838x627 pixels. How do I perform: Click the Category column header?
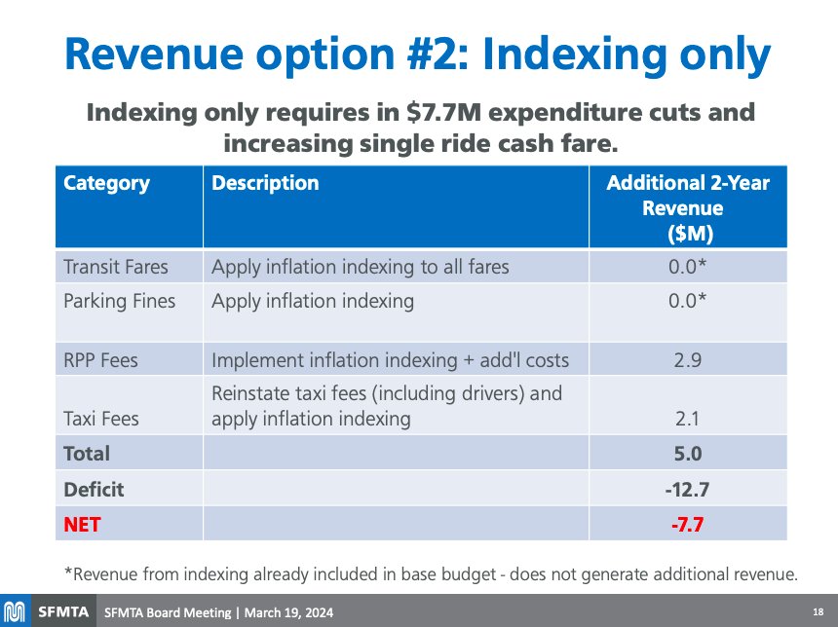tap(106, 183)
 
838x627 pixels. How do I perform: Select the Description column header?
tap(265, 183)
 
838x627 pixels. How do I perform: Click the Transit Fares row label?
tap(115, 267)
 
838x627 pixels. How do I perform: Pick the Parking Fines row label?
tap(119, 301)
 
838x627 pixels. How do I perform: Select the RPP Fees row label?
tap(100, 360)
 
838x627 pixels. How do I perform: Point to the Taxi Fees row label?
tap(100, 419)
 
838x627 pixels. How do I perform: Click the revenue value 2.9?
tap(688, 360)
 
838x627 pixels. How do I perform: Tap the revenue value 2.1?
tap(688, 419)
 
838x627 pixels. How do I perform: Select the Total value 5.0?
tap(688, 454)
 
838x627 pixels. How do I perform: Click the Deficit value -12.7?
tap(686, 489)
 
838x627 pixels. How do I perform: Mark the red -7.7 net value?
tap(687, 525)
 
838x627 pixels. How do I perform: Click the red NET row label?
tap(82, 525)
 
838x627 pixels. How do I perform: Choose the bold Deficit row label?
tap(94, 489)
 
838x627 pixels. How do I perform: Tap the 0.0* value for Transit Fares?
tap(688, 267)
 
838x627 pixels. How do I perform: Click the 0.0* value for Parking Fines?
tap(688, 301)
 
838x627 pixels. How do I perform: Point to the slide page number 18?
tap(818, 612)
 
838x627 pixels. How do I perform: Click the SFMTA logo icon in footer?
tap(15, 612)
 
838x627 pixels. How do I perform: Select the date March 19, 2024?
tap(288, 612)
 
